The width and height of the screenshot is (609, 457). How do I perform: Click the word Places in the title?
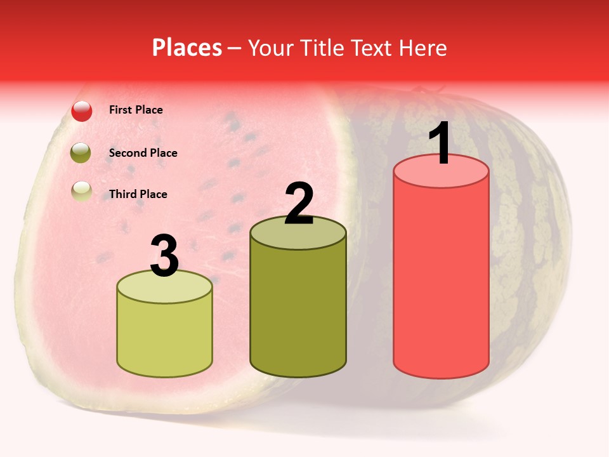[187, 48]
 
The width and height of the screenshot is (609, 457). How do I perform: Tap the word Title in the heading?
[321, 48]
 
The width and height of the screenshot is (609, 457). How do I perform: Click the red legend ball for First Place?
[82, 111]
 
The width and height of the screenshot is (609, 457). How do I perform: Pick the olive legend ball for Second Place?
[81, 153]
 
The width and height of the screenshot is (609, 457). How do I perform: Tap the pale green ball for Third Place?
[82, 191]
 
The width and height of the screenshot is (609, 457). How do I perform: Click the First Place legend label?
[136, 110]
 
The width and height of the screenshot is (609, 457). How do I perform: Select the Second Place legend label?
[143, 152]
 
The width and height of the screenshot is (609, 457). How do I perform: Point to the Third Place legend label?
[138, 194]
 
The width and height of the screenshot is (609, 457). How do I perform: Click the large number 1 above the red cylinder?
[440, 143]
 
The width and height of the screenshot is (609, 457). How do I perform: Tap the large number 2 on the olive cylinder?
[299, 204]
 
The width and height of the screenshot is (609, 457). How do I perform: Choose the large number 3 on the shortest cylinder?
[164, 256]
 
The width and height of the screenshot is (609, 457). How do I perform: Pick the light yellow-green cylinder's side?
[164, 336]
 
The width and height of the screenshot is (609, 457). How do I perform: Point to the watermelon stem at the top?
[419, 91]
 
